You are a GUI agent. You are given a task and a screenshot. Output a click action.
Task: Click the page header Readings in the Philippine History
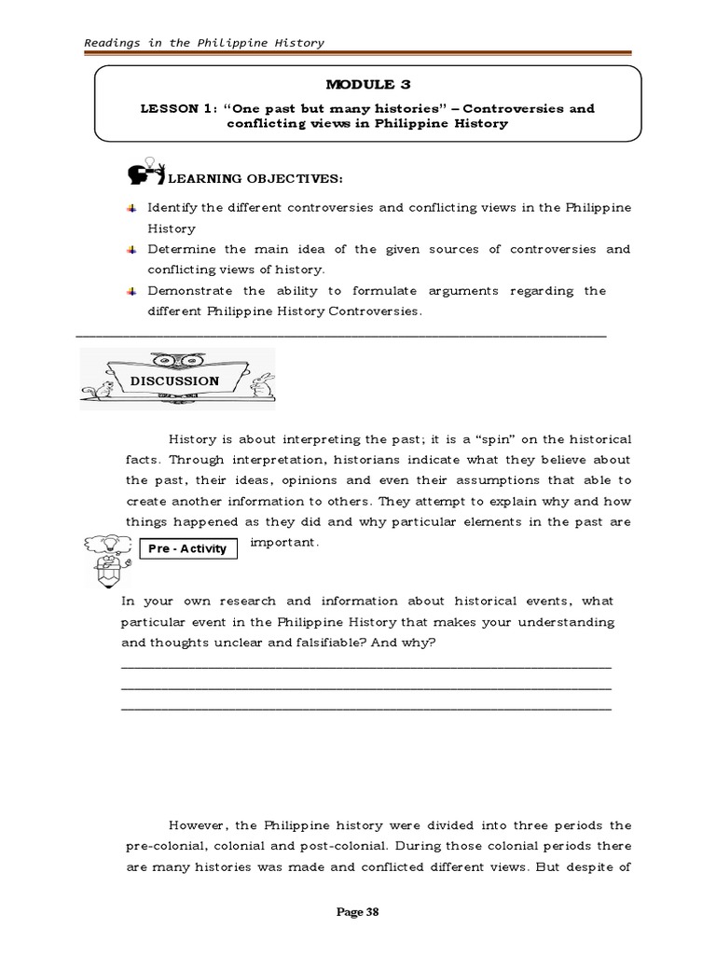[204, 43]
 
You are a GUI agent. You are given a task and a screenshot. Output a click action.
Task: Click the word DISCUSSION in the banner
[175, 381]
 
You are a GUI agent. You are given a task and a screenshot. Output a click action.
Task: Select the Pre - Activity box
[187, 548]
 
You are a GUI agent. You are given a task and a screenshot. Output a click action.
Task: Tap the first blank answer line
[366, 667]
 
